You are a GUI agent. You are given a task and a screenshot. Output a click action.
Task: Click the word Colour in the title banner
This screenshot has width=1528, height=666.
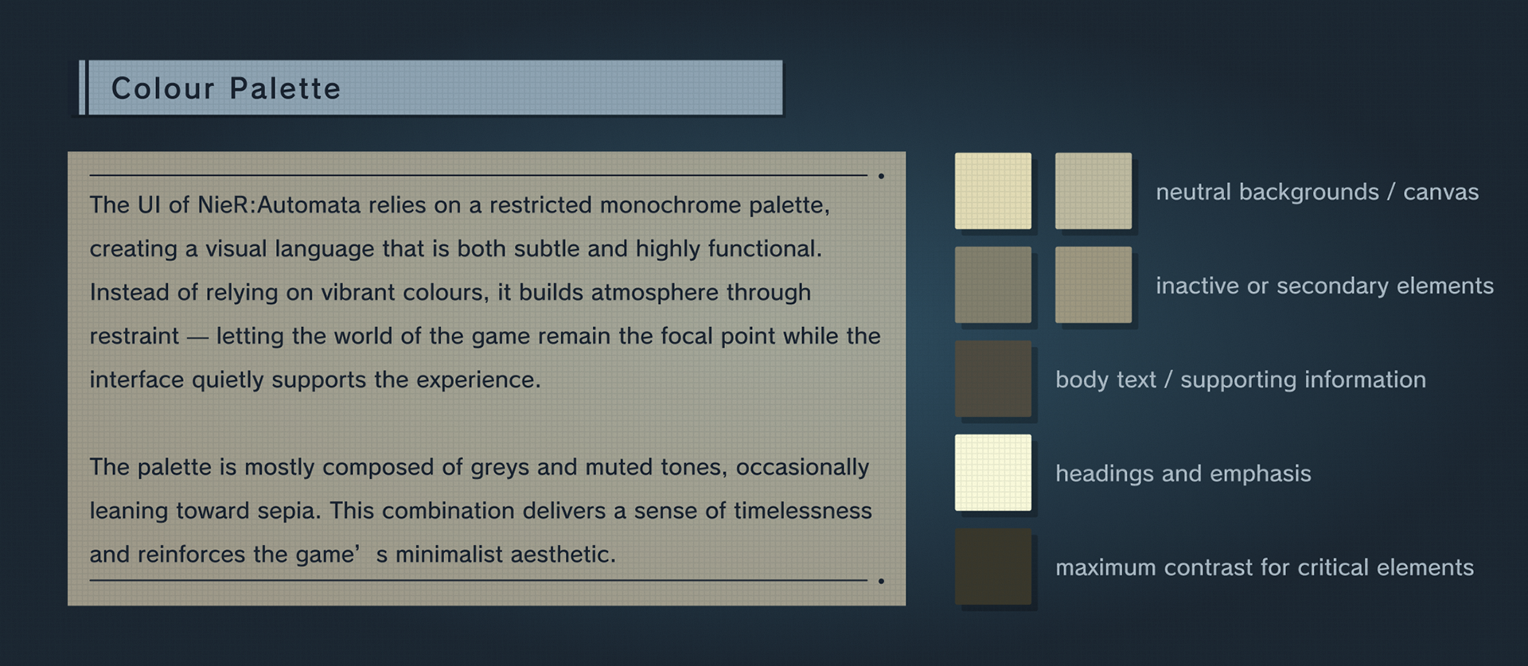coord(163,88)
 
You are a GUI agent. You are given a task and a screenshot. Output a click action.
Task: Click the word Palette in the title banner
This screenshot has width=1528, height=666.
coord(285,88)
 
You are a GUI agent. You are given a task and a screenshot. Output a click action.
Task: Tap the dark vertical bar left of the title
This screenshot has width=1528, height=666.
coord(82,88)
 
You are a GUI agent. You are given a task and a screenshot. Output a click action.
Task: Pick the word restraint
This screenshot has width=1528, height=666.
coord(134,336)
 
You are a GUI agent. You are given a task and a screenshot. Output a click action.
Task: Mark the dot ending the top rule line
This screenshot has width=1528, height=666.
coord(881,176)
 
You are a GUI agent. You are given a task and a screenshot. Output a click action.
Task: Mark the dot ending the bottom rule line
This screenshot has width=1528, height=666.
coord(881,581)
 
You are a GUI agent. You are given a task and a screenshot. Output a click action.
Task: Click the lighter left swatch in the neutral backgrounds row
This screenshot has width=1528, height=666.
coord(993,191)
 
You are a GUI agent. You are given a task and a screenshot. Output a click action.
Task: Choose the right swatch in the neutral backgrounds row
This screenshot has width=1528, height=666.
coord(1093,191)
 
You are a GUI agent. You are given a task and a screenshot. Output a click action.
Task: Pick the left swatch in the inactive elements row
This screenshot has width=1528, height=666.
coord(993,285)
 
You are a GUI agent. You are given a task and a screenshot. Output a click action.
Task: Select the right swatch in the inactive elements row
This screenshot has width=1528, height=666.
coord(1093,285)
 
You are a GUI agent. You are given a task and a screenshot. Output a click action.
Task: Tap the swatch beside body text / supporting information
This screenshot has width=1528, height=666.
coord(993,379)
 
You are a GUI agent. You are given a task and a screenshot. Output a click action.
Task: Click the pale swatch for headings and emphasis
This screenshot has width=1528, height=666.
coord(993,473)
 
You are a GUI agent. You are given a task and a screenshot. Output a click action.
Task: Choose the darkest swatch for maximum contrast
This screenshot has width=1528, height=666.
coord(993,567)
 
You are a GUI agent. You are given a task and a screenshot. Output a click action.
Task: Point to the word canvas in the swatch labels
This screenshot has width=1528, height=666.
coord(1440,193)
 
